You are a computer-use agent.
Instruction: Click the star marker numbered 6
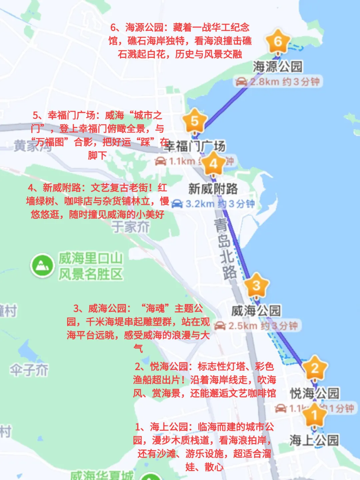pyautogui.click(x=278, y=42)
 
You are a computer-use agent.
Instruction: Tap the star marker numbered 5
pyautogui.click(x=195, y=121)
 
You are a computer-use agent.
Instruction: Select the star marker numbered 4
pyautogui.click(x=213, y=164)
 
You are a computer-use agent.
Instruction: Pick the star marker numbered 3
pyautogui.click(x=256, y=285)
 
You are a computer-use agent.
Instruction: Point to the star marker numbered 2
pyautogui.click(x=315, y=368)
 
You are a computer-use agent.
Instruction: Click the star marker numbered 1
pyautogui.click(x=314, y=415)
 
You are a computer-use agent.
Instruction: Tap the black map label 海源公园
pyautogui.click(x=277, y=67)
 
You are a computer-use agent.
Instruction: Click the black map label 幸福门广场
pyautogui.click(x=195, y=146)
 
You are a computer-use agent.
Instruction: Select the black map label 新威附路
pyautogui.click(x=213, y=189)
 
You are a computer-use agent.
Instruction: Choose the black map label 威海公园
pyautogui.click(x=256, y=311)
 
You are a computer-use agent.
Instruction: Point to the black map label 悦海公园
pyautogui.click(x=314, y=393)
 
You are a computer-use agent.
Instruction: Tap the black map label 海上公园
pyautogui.click(x=314, y=440)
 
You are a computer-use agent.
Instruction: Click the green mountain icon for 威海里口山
pyautogui.click(x=42, y=266)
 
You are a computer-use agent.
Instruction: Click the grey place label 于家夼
pyautogui.click(x=130, y=227)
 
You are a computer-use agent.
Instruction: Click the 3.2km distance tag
pyautogui.click(x=213, y=204)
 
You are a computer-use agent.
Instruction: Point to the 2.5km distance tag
pyautogui.click(x=256, y=326)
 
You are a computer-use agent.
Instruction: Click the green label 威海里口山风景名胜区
pyautogui.click(x=91, y=266)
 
